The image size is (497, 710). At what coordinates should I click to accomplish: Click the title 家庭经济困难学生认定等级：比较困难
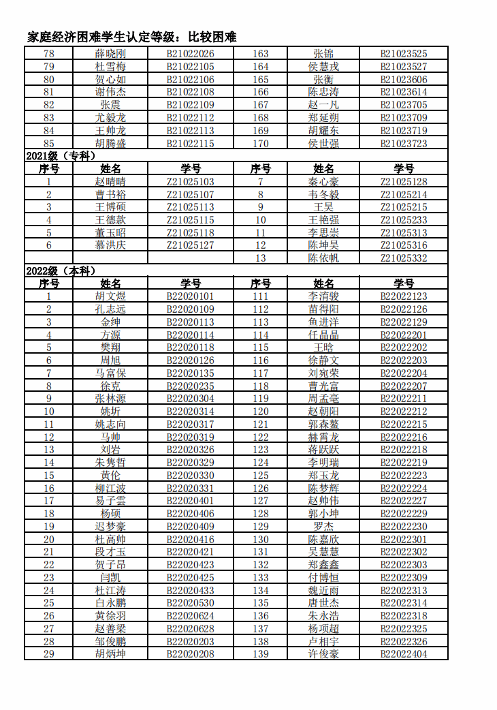131,37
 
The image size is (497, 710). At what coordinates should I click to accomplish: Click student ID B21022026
191,54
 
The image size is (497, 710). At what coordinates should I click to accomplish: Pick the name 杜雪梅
110,67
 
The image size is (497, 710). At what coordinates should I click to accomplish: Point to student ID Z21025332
404,258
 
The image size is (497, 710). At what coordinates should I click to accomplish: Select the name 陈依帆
323,258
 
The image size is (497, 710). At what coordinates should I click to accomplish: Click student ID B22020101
191,296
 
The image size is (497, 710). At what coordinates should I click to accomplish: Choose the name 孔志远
110,309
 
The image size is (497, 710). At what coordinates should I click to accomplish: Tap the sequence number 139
261,653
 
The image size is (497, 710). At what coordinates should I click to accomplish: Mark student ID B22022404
404,653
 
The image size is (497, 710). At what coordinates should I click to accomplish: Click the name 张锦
323,54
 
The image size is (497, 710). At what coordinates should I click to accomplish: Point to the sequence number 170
261,143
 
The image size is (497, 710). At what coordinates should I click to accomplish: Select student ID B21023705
404,105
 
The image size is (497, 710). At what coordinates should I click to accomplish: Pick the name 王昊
323,207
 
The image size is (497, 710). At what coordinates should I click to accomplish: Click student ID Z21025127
191,245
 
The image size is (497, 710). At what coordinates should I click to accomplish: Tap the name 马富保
110,373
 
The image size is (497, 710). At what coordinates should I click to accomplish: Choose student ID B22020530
191,602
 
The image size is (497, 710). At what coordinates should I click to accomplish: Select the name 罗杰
323,526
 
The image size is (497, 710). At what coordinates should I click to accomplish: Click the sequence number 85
48,143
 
